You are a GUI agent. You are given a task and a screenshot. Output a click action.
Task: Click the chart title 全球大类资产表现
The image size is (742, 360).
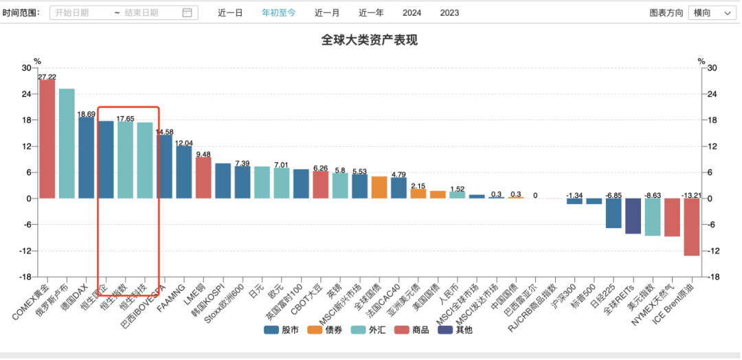369,40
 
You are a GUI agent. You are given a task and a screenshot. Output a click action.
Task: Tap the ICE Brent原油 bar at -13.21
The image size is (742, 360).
691,227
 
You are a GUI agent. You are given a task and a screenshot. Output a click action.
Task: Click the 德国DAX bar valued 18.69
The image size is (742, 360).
86,157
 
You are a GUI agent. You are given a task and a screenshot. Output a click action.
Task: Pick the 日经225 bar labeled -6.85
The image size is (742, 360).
614,213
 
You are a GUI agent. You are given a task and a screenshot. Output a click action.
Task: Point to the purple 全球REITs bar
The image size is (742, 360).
633,216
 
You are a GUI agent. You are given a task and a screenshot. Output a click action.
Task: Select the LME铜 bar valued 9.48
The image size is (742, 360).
203,178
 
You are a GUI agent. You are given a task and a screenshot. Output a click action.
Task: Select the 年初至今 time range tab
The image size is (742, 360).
278,12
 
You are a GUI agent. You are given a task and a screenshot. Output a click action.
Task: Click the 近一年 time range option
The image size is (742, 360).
371,12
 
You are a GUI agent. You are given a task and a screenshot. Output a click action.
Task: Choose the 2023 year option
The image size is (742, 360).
449,12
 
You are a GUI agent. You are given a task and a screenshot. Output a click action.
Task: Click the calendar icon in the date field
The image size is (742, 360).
187,12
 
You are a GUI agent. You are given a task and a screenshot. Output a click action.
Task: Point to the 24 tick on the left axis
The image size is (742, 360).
26,94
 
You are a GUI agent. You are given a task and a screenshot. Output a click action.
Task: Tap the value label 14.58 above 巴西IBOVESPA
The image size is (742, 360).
164,131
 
